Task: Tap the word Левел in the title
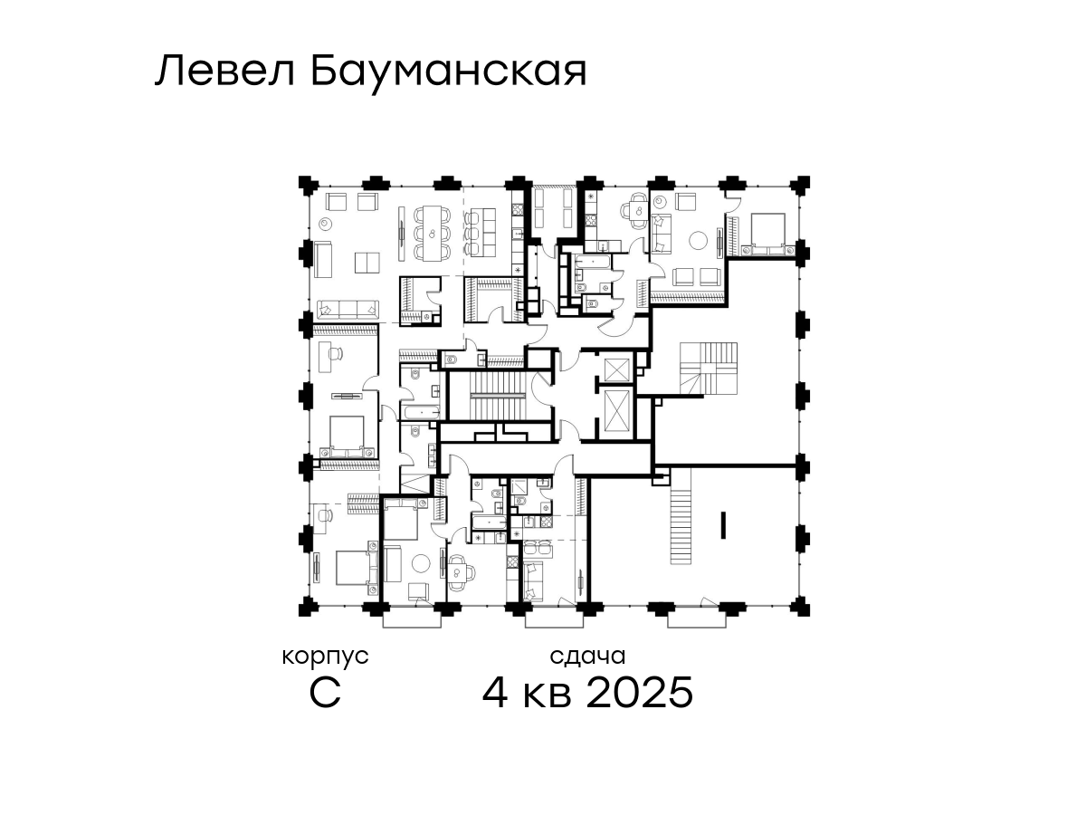225,72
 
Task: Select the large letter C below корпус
325,693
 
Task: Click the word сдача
587,657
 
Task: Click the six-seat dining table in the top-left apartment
433,233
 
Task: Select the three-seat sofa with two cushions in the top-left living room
348,309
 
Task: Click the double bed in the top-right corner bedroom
767,233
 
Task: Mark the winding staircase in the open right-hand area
708,369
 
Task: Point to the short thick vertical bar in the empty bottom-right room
723,525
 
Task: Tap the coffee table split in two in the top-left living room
367,263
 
